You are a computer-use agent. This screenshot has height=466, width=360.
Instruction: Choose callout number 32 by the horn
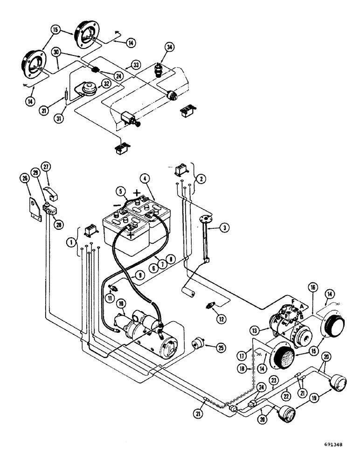pyautogui.click(x=106, y=84)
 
